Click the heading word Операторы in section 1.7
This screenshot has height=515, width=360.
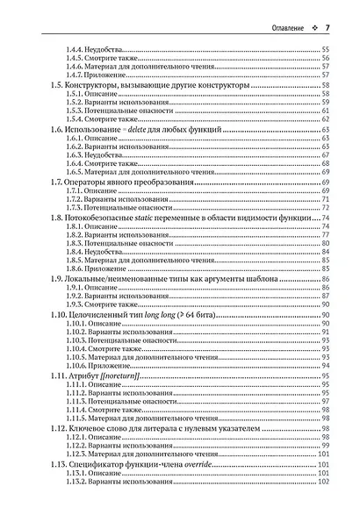click(86, 182)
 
